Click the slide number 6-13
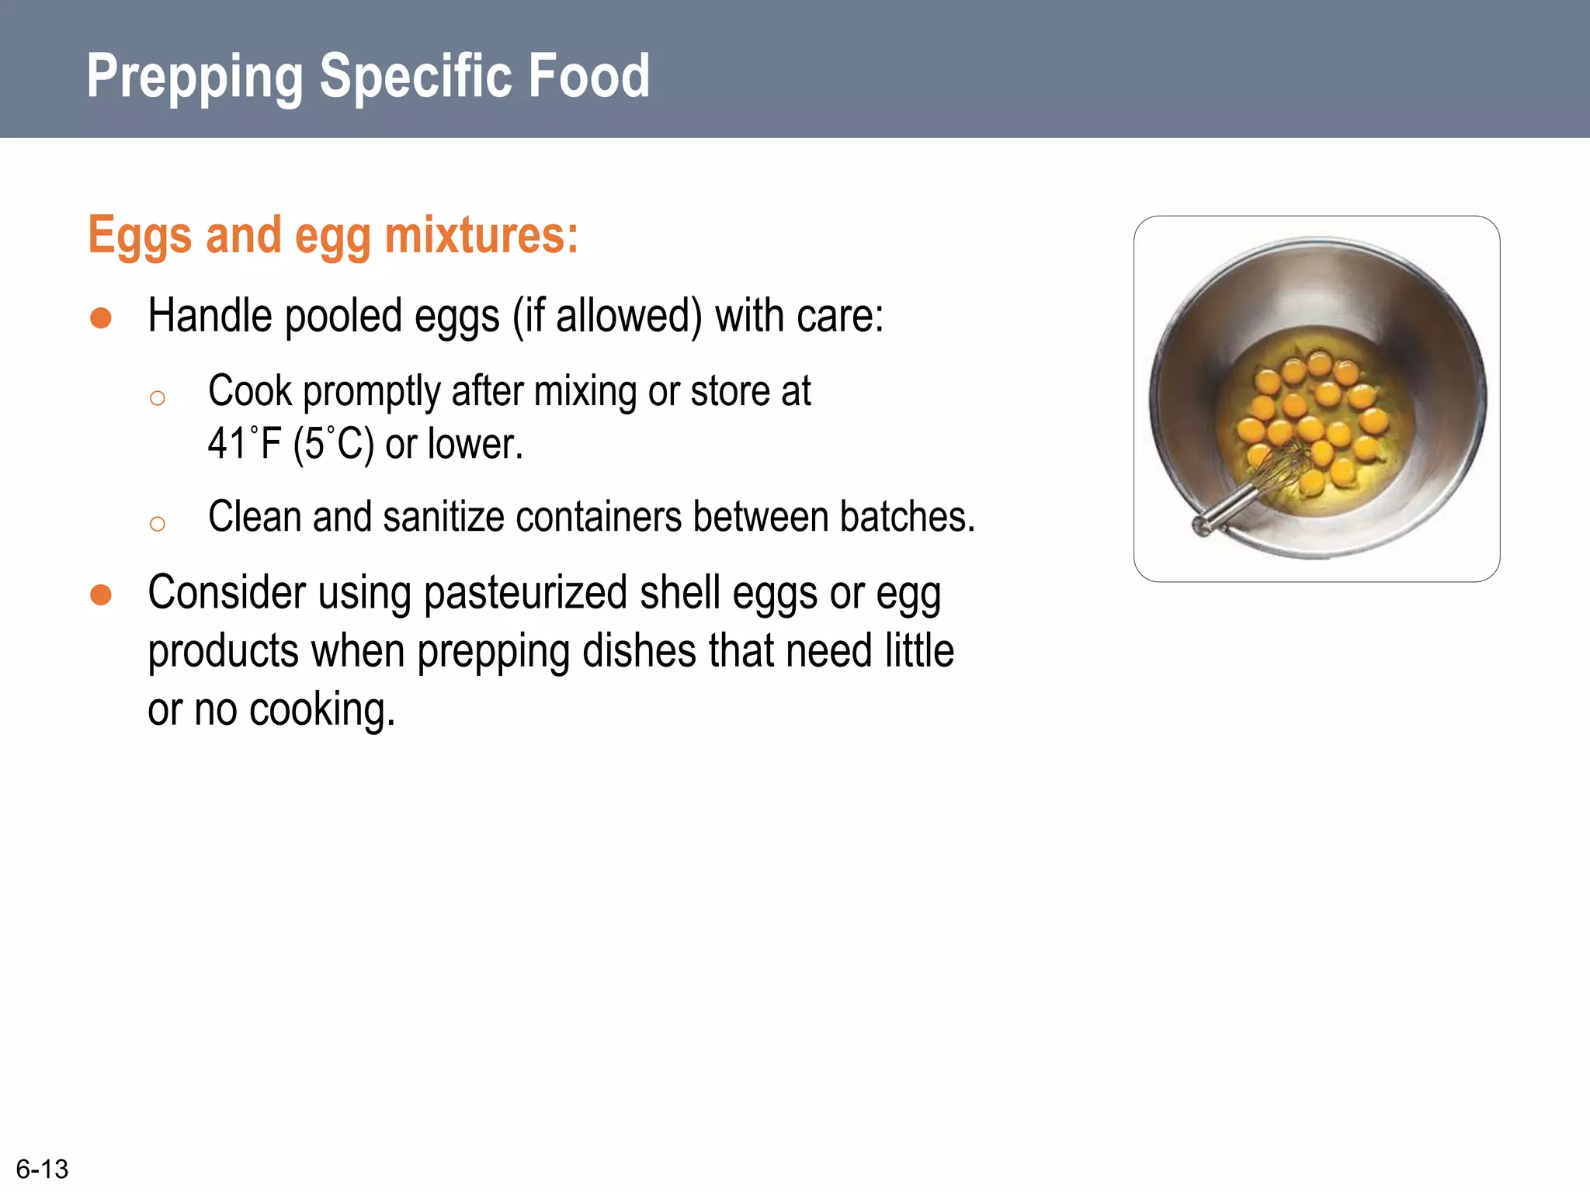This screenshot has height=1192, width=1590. (42, 1169)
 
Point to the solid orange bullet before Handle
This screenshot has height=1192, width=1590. (101, 318)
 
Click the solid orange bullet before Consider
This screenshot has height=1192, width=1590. (101, 595)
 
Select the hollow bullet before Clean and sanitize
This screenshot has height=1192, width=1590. (158, 524)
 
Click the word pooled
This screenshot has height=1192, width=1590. (342, 317)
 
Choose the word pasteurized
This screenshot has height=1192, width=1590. (526, 594)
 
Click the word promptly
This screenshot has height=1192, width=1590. (371, 391)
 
